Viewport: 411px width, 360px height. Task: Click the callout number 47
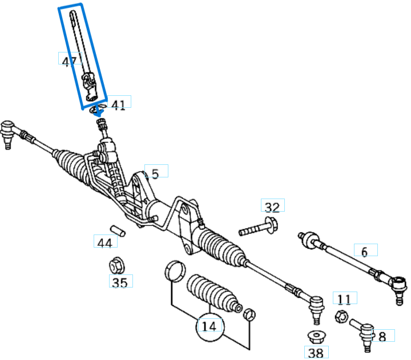[x=70, y=60]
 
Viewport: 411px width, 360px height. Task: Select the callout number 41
[x=118, y=104]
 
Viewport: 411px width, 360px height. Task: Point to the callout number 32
[x=272, y=207]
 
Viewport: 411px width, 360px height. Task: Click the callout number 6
[x=365, y=251]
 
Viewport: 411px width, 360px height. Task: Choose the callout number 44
[x=105, y=243]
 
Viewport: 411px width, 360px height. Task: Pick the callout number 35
[x=120, y=282]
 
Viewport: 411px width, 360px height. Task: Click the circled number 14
[x=209, y=326]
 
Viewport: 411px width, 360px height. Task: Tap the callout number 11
[x=344, y=300]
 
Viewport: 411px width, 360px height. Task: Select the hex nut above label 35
[x=117, y=266]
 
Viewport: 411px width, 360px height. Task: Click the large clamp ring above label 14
[x=174, y=271]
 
